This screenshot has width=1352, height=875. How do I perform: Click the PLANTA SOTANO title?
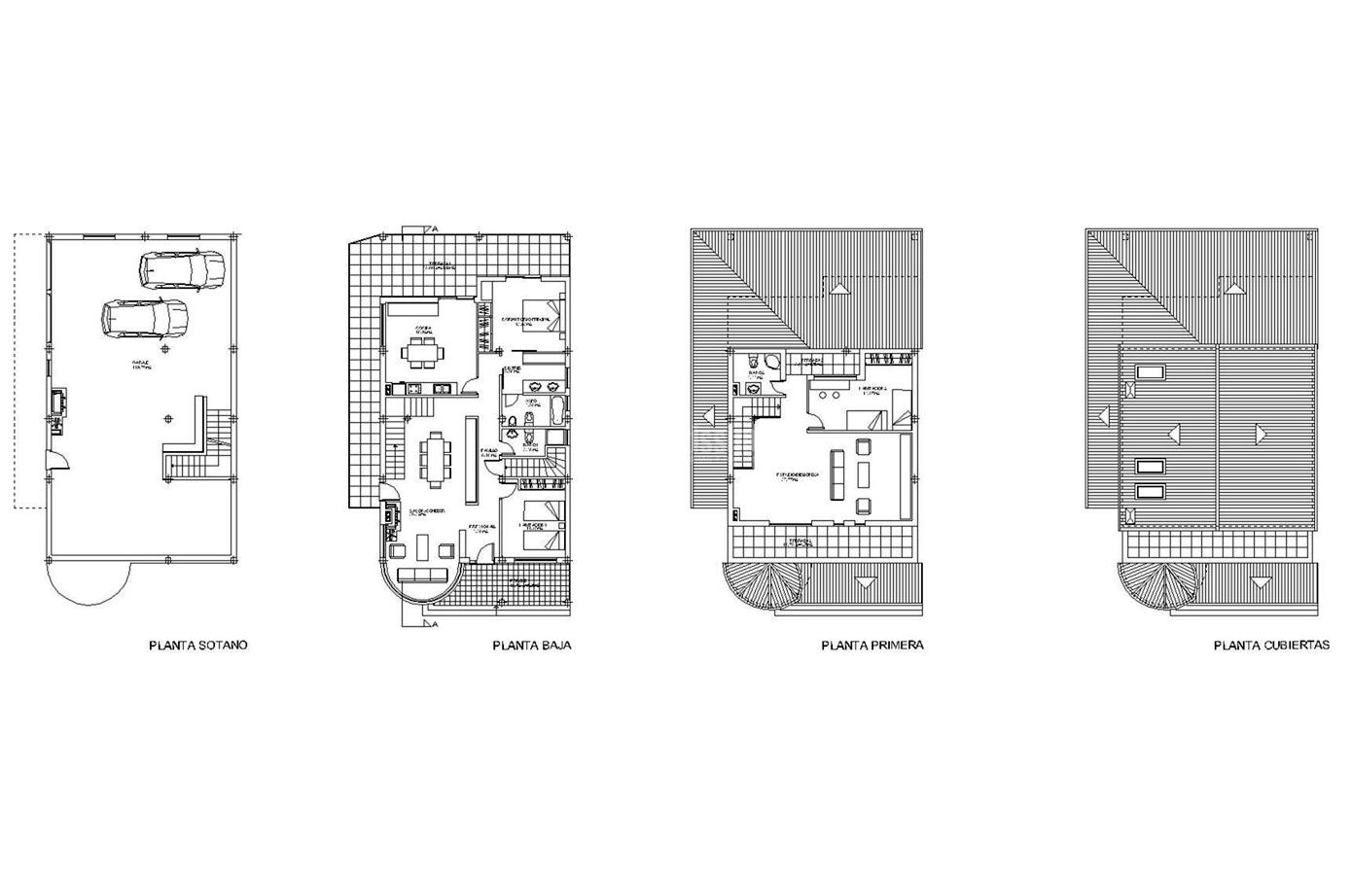pyautogui.click(x=198, y=645)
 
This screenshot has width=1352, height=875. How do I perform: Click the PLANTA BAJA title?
pyautogui.click(x=532, y=645)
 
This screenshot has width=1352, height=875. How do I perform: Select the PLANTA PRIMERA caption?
pyautogui.click(x=872, y=645)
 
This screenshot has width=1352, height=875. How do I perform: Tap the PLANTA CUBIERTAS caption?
pyautogui.click(x=1271, y=645)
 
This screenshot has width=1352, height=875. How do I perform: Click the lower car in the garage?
pyautogui.click(x=144, y=317)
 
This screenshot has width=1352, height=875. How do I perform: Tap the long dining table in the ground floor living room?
pyautogui.click(x=433, y=459)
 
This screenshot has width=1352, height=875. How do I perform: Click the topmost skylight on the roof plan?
pyautogui.click(x=1150, y=370)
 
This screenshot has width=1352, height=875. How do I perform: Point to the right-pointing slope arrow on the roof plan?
pyautogui.click(x=1262, y=430)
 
